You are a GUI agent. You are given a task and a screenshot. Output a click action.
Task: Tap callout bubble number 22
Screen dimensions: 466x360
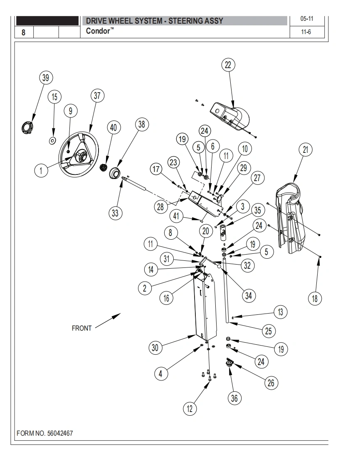(x=228, y=65)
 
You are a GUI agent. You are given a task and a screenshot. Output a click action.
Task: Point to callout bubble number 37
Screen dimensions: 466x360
(x=97, y=96)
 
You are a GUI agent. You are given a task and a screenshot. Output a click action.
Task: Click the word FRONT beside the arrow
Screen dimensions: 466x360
(x=82, y=328)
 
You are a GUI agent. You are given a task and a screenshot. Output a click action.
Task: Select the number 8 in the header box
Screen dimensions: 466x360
(x=24, y=32)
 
